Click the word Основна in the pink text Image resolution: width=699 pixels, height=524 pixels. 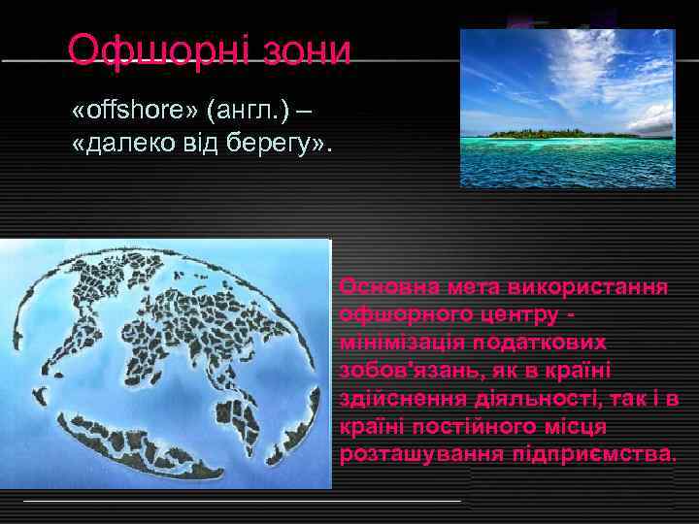pos(382,287)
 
